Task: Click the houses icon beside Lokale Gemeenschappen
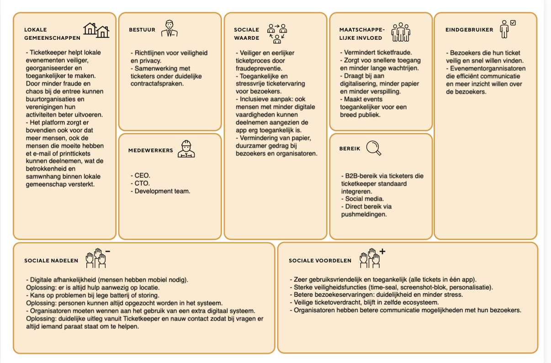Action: [x=96, y=30]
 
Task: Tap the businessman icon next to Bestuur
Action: [x=170, y=29]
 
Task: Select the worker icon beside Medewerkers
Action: [x=186, y=149]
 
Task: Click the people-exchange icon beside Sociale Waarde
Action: [x=277, y=32]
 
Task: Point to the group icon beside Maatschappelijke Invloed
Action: [x=401, y=32]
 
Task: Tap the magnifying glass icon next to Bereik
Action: [x=373, y=147]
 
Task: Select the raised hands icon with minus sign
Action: [x=97, y=258]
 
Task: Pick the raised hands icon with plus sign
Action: [x=371, y=258]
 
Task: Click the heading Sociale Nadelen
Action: [x=51, y=261]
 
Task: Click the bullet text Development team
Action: [x=162, y=191]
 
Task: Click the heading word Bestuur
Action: [x=142, y=30]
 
